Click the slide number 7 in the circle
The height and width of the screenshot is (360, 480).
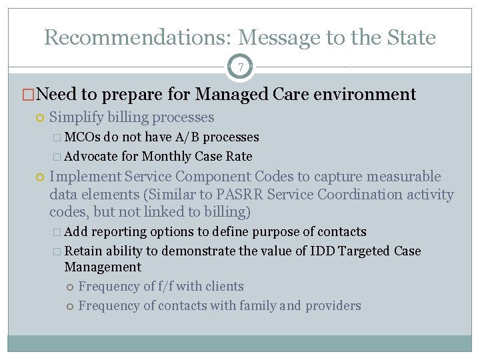240,67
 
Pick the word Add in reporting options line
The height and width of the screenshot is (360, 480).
76,232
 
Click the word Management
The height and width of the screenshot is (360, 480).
103,267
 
